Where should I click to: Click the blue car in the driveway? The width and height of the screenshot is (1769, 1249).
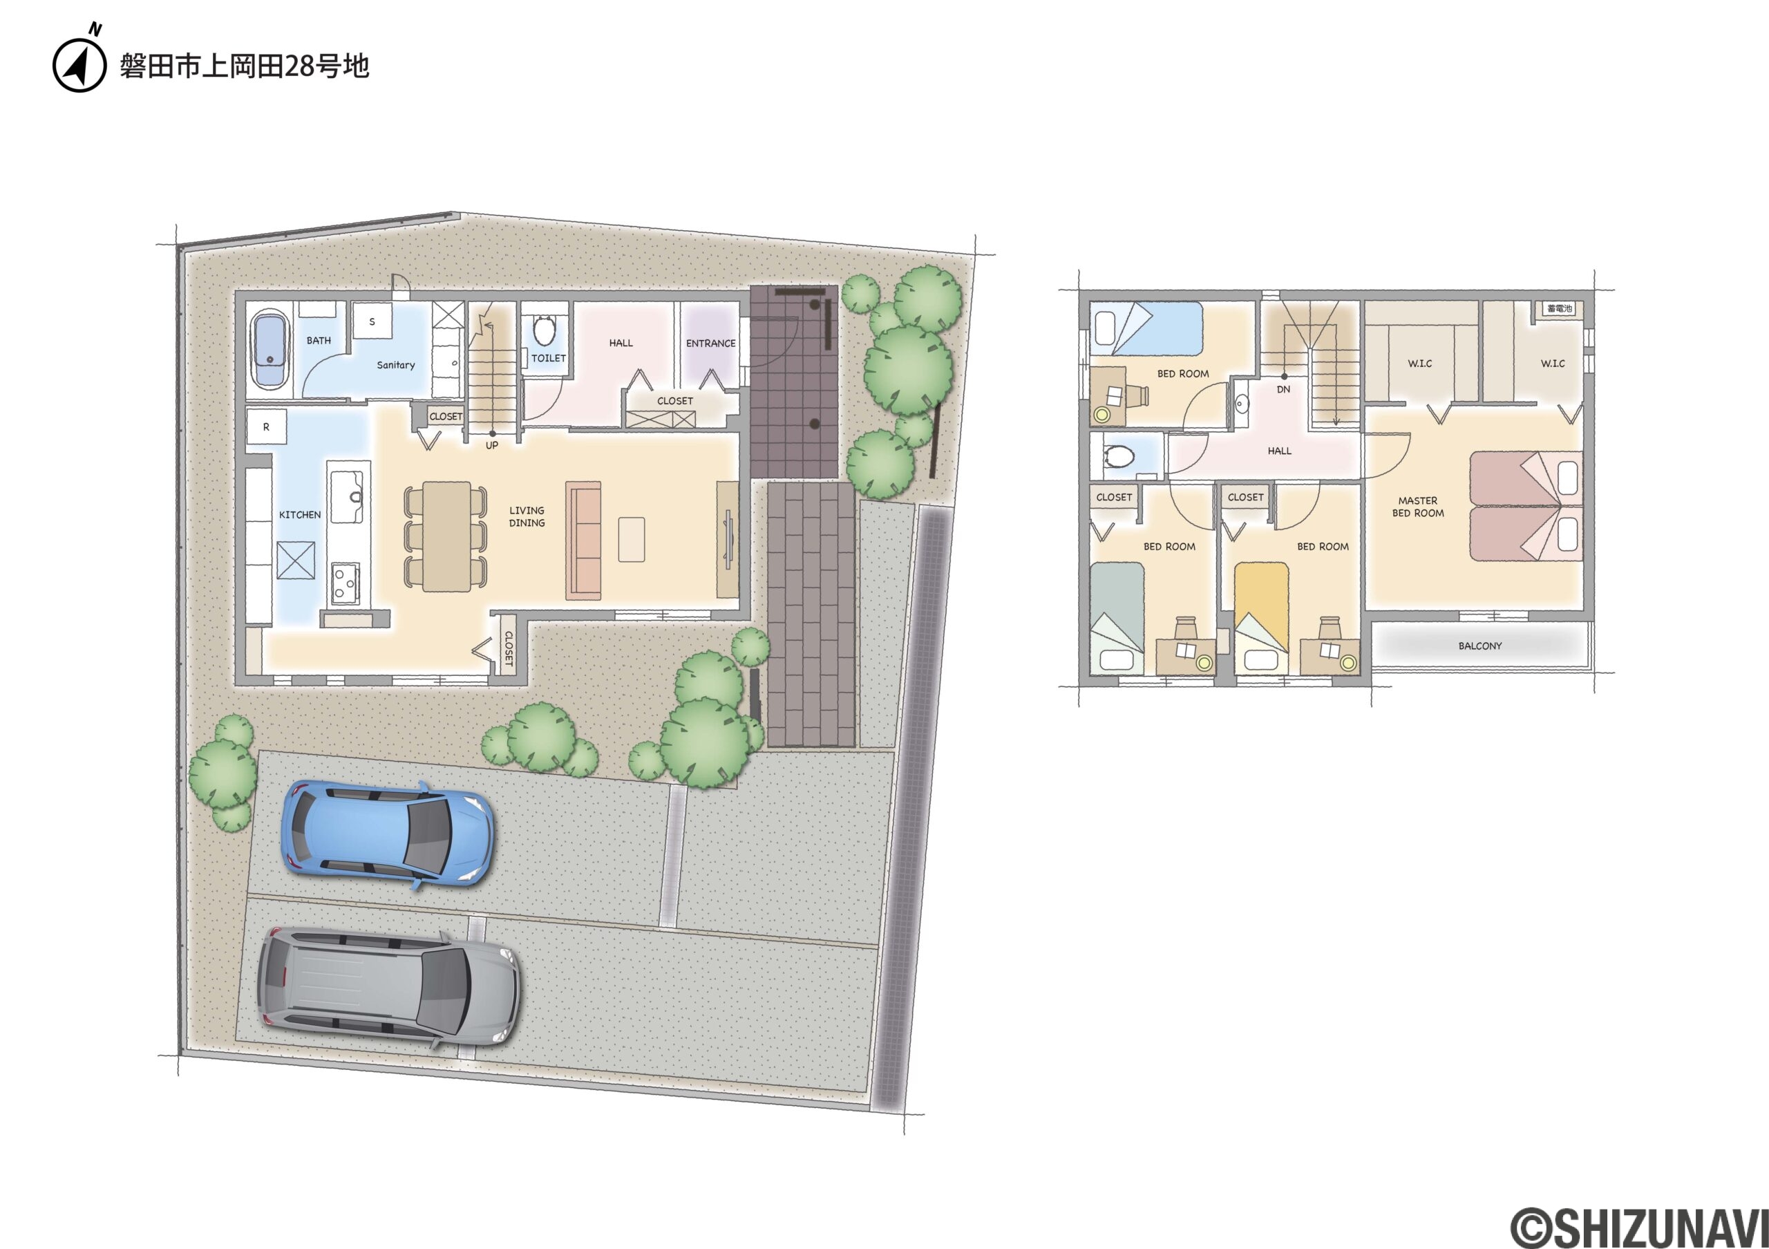[x=388, y=835]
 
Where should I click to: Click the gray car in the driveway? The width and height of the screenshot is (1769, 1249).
[x=388, y=987]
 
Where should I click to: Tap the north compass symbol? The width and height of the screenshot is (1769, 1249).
[x=79, y=62]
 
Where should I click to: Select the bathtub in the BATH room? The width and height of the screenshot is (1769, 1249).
[x=269, y=349]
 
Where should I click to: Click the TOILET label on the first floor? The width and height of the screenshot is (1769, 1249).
[x=549, y=358]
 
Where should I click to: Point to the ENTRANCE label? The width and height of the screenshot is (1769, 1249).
[x=710, y=344]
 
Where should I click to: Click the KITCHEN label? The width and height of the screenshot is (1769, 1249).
[x=300, y=515]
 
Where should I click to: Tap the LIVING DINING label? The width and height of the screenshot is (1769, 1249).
[x=527, y=516]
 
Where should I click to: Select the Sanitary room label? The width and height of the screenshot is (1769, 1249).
[x=395, y=365]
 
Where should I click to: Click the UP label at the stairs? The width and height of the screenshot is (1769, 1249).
[x=491, y=445]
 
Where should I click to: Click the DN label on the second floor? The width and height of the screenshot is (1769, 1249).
[x=1284, y=389]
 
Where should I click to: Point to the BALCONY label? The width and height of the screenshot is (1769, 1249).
[x=1480, y=646]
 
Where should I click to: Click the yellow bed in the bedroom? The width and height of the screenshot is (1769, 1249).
[x=1261, y=619]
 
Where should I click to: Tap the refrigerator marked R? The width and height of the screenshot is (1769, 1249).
[x=267, y=427]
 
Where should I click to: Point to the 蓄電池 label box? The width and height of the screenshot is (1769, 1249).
[x=1560, y=309]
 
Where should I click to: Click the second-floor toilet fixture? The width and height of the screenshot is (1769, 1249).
[x=1119, y=458]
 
